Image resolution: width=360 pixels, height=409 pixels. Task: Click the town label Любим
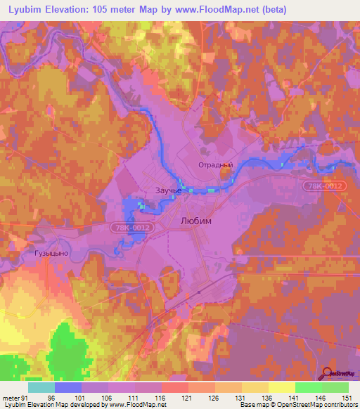click(x=196, y=220)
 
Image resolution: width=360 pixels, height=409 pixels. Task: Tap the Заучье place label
click(x=168, y=190)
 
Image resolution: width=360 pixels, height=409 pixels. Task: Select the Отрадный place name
click(x=214, y=165)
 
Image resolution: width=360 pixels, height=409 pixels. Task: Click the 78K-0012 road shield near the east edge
click(x=323, y=186)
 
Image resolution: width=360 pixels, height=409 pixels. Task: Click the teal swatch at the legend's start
click(x=41, y=387)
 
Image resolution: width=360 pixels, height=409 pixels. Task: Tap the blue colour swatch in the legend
click(x=68, y=387)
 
